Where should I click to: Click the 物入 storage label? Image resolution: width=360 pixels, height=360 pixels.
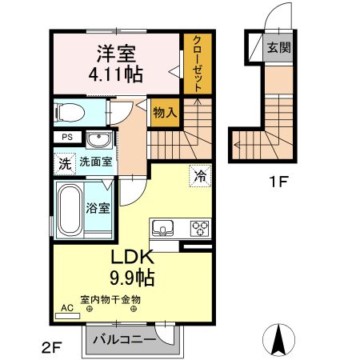coord(165,112)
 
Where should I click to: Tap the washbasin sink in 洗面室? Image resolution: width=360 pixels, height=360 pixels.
coord(98,140)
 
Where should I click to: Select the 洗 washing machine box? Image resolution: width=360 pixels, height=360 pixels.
coord(64,164)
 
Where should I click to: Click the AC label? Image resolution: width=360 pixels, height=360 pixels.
coord(66,307)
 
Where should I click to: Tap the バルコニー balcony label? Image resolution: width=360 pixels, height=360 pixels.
coord(124,340)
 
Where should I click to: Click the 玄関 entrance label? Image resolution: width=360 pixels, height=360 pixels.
coord(279,46)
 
